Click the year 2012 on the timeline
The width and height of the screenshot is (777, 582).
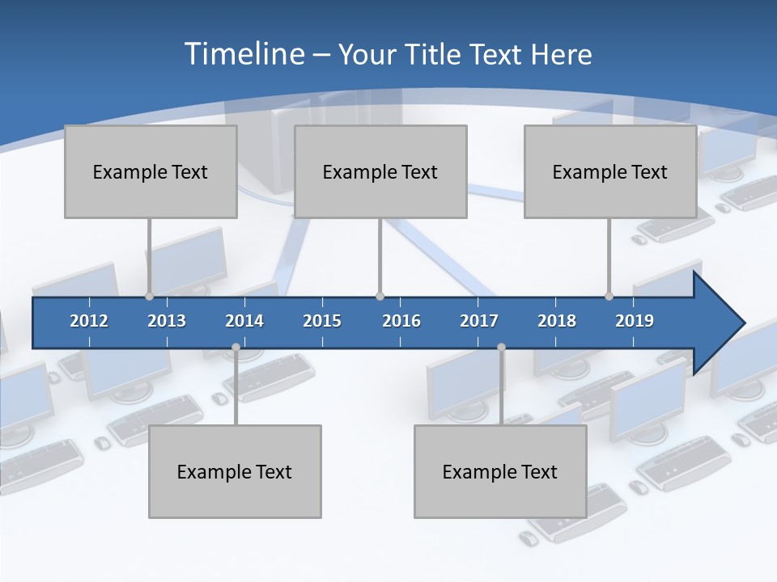click(89, 321)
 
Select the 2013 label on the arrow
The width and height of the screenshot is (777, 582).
click(167, 321)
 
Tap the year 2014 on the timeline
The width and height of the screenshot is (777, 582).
click(244, 321)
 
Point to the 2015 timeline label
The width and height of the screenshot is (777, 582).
click(322, 321)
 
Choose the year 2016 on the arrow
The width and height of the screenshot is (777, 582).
click(401, 321)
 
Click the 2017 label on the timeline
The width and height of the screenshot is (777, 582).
click(479, 321)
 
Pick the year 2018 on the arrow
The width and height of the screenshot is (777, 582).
click(557, 321)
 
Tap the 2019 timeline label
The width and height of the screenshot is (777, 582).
click(635, 321)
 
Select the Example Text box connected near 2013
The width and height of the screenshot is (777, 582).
click(151, 171)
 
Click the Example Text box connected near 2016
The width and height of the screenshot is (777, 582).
click(380, 171)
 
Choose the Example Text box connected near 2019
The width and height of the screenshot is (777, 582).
click(610, 171)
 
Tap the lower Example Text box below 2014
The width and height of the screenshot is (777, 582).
click(235, 471)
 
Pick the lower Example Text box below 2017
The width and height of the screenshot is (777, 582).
click(500, 471)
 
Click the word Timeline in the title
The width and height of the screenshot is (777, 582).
click(243, 54)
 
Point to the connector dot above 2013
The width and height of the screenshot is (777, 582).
click(150, 297)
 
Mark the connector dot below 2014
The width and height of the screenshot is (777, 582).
click(236, 348)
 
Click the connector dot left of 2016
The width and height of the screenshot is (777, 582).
click(380, 297)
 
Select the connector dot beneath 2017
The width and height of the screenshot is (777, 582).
click(501, 348)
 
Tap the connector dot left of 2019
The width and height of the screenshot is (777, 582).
click(609, 297)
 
